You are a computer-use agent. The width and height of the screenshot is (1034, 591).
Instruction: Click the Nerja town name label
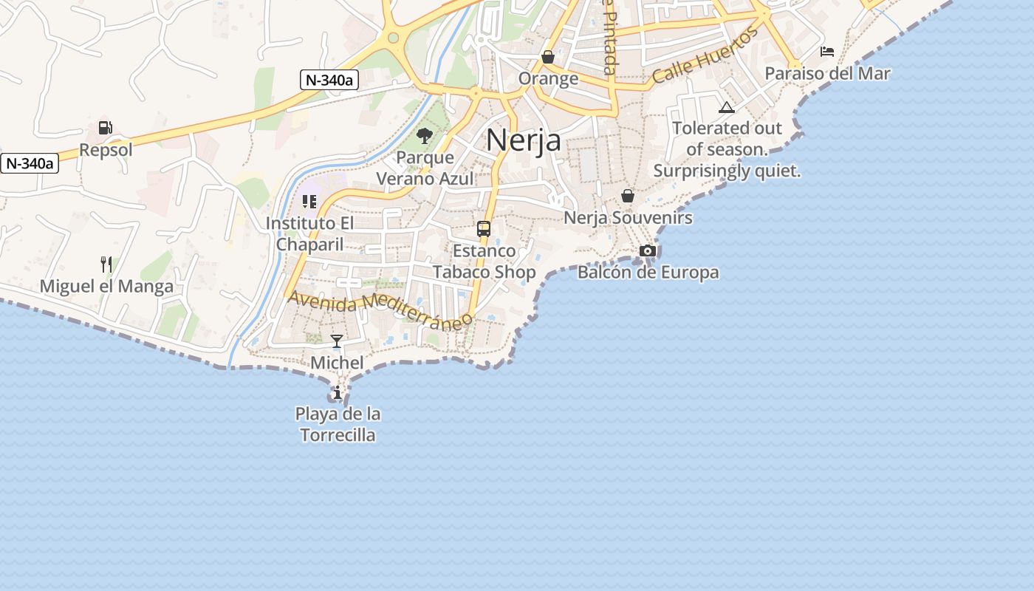click(523, 140)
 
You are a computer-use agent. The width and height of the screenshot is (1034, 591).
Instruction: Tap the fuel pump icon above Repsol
click(106, 128)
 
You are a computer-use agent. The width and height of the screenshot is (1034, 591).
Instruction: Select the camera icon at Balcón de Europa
click(648, 251)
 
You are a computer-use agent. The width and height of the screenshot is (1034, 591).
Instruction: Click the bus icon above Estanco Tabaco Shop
click(484, 229)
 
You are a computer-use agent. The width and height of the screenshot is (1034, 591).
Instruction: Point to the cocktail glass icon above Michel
click(337, 341)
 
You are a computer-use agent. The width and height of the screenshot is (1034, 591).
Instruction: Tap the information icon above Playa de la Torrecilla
click(338, 392)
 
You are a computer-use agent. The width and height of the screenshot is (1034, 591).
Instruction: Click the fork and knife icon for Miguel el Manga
click(106, 264)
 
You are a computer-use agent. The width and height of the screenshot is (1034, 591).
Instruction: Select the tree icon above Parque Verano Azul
click(425, 135)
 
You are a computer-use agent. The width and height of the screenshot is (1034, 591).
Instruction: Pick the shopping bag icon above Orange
click(548, 57)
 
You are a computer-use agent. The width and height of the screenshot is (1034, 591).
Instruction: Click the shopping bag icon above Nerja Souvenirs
click(628, 196)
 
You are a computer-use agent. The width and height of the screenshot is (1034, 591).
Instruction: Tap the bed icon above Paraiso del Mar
click(827, 52)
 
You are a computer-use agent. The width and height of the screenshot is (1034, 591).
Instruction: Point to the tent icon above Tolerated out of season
click(727, 108)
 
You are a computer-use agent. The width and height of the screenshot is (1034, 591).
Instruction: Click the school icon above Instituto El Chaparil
click(309, 201)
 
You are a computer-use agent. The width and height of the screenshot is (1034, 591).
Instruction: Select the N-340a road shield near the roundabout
click(329, 81)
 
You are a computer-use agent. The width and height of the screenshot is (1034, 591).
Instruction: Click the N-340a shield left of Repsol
click(30, 163)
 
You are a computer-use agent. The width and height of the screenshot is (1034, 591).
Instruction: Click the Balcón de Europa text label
click(648, 273)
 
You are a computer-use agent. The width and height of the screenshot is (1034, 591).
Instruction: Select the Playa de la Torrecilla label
click(338, 424)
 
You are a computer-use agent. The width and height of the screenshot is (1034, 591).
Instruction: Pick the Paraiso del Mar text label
click(827, 74)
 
